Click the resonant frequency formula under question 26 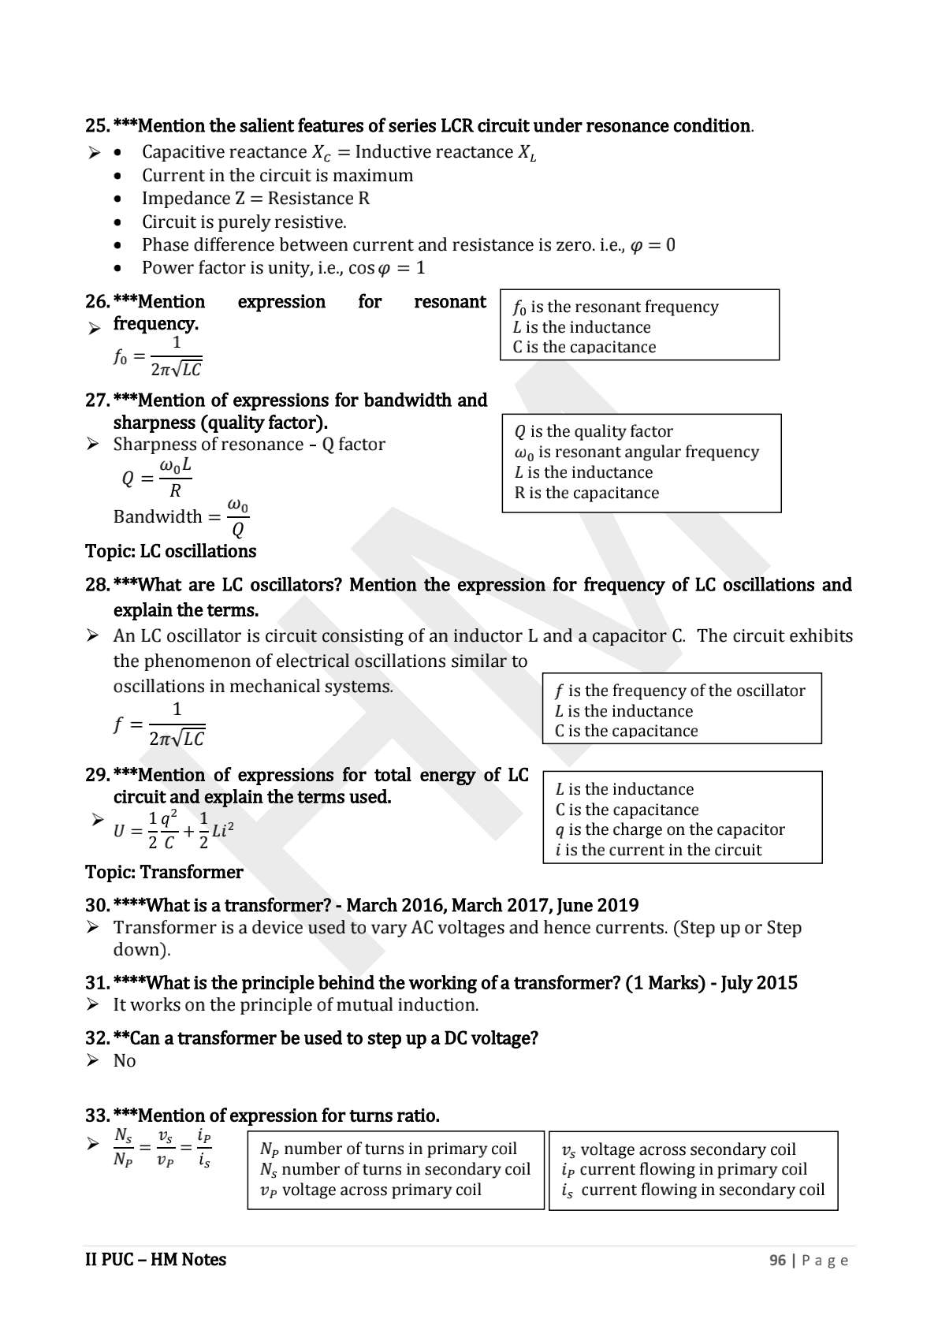(158, 357)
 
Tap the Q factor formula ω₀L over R (158, 479)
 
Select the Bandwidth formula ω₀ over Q (181, 517)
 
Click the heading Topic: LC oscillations (170, 551)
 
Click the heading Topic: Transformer (164, 872)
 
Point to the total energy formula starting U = (173, 830)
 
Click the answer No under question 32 (125, 1060)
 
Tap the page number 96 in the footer (777, 1260)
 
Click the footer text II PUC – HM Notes (155, 1260)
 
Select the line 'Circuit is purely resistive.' (244, 222)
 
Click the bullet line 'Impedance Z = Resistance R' (255, 199)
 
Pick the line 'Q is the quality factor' (594, 431)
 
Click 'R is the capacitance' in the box (586, 493)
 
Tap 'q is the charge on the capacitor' (670, 829)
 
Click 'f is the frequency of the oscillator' (679, 691)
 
